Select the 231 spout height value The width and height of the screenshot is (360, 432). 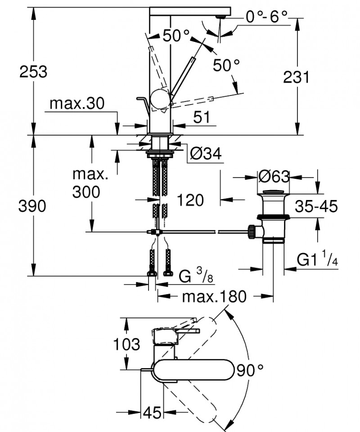tap(296, 77)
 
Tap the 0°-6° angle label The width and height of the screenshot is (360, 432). tap(267, 17)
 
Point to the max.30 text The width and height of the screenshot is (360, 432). tap(76, 104)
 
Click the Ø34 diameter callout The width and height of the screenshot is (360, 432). tap(206, 154)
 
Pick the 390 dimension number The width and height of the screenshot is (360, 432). tap(33, 206)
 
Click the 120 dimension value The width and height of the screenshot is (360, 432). tap(190, 200)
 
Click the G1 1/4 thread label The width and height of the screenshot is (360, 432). tap(317, 260)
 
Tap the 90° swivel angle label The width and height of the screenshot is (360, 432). tap(250, 371)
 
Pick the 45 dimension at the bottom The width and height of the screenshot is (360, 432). tap(153, 413)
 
